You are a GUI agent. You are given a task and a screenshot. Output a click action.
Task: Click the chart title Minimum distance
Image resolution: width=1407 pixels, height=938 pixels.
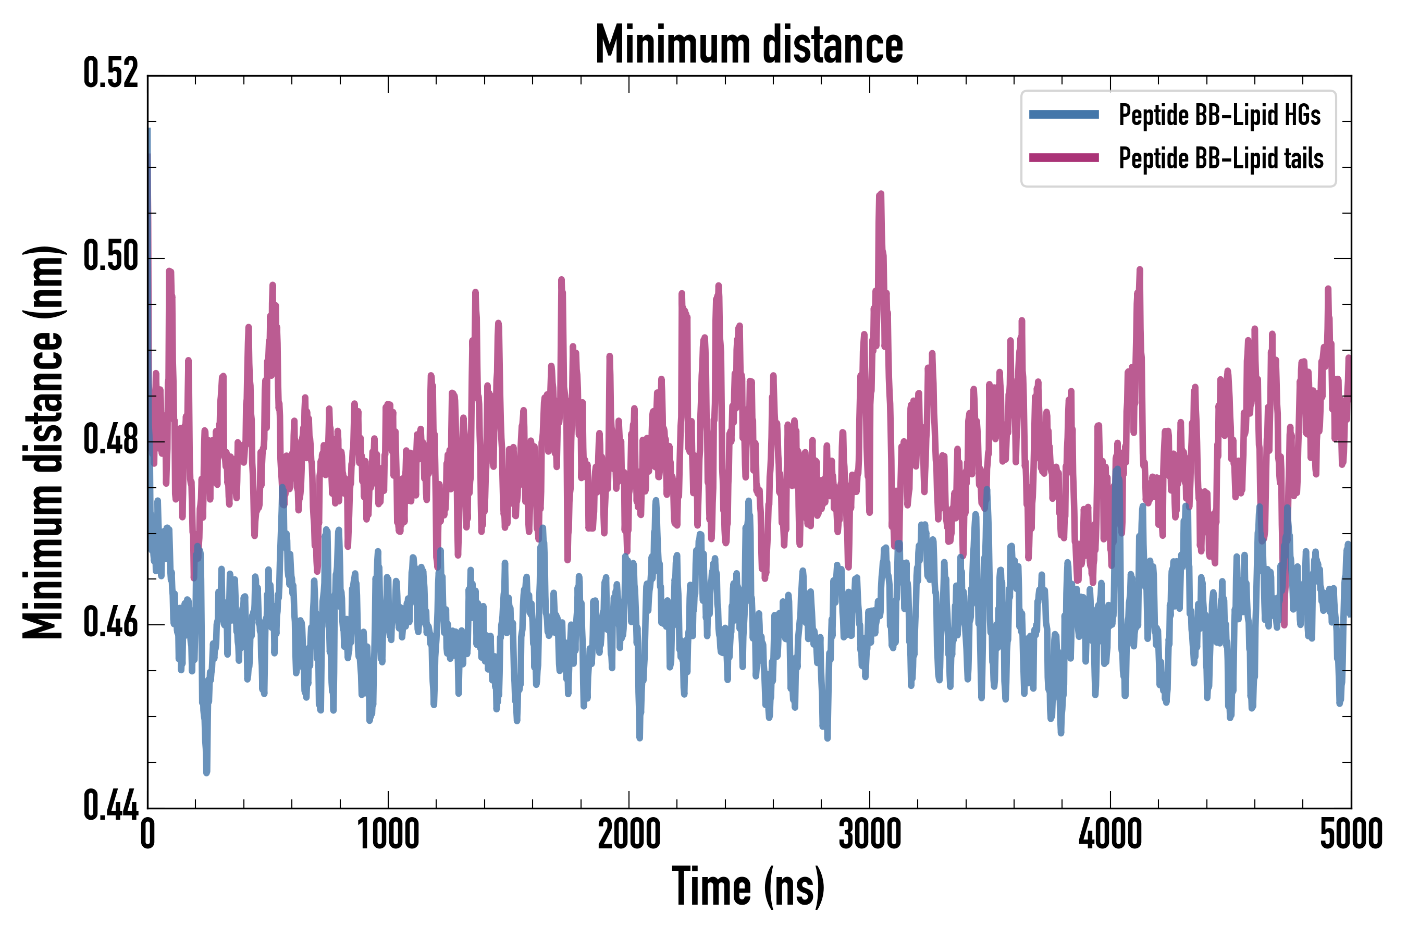point(748,45)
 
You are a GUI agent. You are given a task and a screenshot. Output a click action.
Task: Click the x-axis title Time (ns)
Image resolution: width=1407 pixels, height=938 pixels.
point(748,886)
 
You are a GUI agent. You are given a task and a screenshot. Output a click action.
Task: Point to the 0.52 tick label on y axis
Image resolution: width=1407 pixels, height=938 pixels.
point(110,73)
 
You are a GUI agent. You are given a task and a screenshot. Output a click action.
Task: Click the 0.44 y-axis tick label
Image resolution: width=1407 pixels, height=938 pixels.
point(110,806)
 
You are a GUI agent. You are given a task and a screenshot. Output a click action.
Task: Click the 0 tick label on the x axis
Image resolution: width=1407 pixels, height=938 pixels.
point(148,834)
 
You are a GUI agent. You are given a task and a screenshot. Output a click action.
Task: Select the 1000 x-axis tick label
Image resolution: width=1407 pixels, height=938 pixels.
point(388,834)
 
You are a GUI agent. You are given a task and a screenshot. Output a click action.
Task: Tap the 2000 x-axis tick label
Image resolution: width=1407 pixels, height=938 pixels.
point(629,834)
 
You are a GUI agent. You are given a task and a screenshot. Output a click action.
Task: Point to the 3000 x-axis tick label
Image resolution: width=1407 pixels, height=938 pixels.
point(869,834)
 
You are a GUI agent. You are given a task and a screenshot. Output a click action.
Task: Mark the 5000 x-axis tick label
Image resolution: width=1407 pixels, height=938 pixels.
point(1351,834)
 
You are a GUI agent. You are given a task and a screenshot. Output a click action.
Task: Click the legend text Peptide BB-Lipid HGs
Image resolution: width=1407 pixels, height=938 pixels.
point(1219,115)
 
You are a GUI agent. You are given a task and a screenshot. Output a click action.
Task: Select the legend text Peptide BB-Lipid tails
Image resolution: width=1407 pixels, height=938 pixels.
point(1221,158)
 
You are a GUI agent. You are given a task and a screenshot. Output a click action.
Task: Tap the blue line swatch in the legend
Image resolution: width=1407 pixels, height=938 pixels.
point(1064,115)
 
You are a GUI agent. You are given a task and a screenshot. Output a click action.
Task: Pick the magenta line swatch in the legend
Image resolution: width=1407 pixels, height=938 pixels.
point(1064,158)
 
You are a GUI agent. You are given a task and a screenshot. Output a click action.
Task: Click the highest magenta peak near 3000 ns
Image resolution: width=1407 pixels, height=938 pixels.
point(880,194)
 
